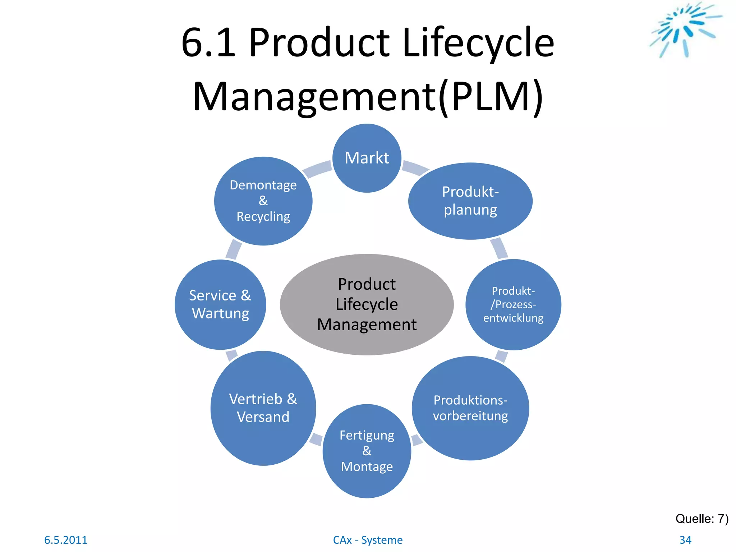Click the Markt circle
pos(367,158)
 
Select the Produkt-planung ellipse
pos(470,201)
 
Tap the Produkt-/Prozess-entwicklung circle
pos(513,304)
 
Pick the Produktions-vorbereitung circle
pos(470,408)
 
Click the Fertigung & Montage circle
pos(367,451)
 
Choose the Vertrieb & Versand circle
pos(263,408)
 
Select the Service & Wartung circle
pos(220,304)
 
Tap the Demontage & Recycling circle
pos(263,201)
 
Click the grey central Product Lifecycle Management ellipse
pos(367,304)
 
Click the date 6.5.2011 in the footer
pos(65,540)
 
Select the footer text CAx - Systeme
pos(368,540)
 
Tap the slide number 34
pos(685,540)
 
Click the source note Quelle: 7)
pos(701,519)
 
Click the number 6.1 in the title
pos(208,42)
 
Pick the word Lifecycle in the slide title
pos(478,42)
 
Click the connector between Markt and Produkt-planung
pos(415,167)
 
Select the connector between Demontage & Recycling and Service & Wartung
pos(234,249)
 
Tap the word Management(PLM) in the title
pos(368,96)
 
